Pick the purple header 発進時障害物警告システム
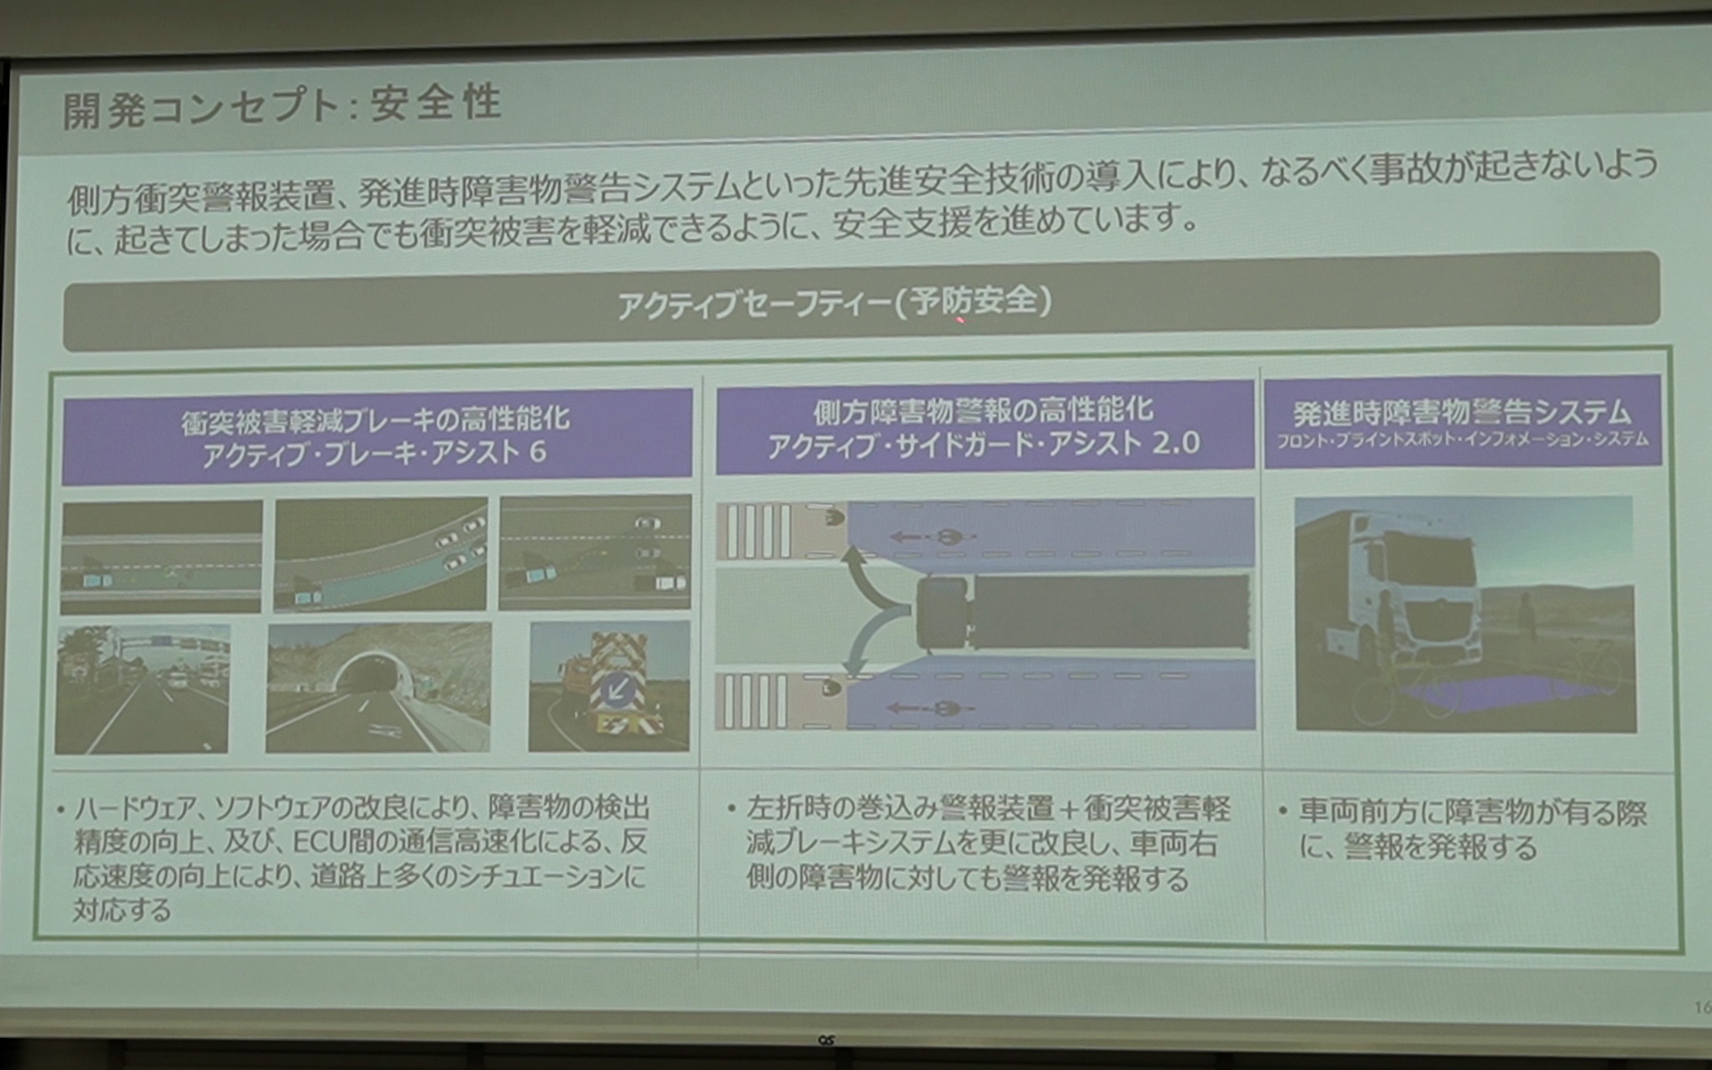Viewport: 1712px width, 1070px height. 1461,413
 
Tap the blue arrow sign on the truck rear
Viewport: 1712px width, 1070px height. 615,688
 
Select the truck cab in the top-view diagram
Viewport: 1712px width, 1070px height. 942,613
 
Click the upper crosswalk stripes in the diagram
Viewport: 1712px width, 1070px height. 759,531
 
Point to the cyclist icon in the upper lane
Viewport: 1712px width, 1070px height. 944,537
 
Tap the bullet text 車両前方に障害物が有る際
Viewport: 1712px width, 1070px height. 1472,812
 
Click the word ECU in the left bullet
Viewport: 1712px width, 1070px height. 319,842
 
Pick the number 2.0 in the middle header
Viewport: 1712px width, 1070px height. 1175,443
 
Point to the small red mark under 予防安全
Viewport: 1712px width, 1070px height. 960,319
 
